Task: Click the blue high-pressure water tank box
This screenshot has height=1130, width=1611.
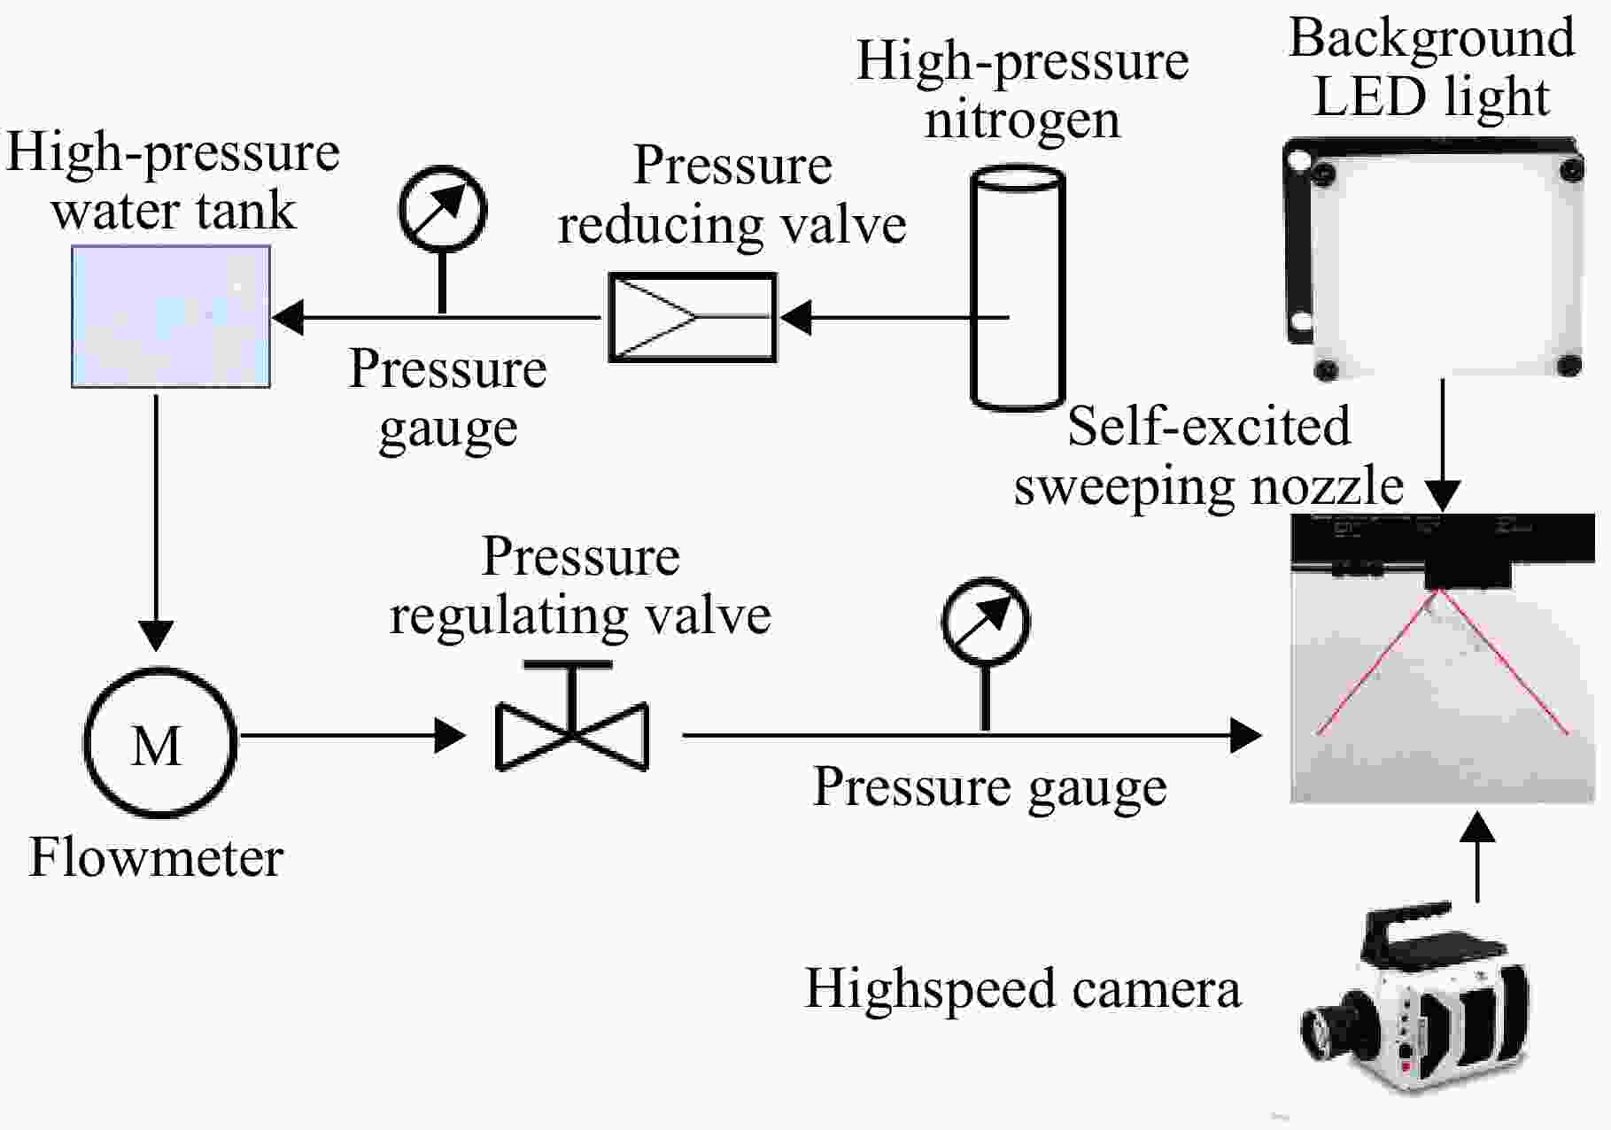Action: (171, 316)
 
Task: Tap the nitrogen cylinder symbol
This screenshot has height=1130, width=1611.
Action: (1018, 288)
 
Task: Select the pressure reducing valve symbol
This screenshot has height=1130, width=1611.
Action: (693, 317)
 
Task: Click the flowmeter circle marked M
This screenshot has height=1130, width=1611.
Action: (159, 742)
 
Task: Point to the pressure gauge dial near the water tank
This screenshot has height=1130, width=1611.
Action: (442, 209)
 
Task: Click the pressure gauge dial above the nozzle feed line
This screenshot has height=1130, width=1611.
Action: (986, 621)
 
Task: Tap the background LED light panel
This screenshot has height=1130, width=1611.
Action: (1433, 258)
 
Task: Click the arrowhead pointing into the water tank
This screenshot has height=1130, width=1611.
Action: (287, 316)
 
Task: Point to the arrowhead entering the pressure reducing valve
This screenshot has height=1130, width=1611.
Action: (795, 317)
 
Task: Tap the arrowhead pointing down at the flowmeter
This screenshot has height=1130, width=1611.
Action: (157, 636)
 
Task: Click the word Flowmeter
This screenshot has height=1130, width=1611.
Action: (156, 857)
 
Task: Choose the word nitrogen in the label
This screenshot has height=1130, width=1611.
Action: (1022, 120)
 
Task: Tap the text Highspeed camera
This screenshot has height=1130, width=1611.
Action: (1023, 989)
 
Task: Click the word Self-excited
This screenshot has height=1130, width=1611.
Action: (1209, 426)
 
